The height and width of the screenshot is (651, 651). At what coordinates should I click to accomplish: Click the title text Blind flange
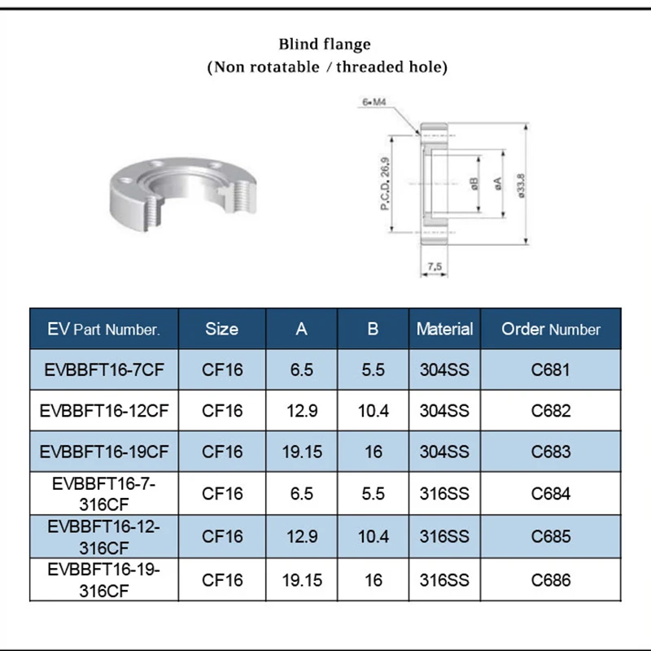[x=325, y=44]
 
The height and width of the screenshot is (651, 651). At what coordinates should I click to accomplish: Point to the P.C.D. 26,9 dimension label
[x=386, y=183]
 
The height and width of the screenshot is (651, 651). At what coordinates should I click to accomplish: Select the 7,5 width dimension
[x=434, y=266]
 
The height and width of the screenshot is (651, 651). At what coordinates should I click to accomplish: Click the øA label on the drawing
[x=498, y=184]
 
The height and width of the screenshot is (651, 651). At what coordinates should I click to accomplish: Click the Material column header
[x=444, y=329]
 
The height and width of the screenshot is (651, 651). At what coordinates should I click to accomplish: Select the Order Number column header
[x=551, y=329]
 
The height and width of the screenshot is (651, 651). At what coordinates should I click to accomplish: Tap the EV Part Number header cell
[x=103, y=329]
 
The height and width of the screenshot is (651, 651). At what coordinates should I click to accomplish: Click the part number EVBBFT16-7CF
[x=103, y=370]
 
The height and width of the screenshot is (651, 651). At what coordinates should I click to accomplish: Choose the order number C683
[x=551, y=452]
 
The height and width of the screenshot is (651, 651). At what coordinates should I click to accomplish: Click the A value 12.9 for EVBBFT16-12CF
[x=302, y=411]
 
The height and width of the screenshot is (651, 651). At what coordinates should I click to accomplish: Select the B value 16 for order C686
[x=373, y=580]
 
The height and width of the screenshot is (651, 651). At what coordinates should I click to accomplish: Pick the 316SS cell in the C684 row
[x=444, y=494]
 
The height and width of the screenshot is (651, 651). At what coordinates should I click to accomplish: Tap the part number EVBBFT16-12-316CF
[x=103, y=536]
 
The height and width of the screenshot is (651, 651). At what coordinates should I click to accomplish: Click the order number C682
[x=551, y=411]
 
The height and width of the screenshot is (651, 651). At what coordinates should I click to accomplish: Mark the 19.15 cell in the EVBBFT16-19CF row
[x=302, y=452]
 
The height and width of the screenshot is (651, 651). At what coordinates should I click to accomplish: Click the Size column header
[x=222, y=329]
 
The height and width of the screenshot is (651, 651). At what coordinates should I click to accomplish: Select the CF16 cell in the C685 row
[x=222, y=536]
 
